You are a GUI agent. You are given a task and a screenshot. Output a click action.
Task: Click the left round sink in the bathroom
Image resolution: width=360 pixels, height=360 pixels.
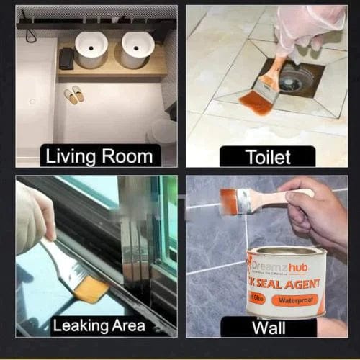tap(91, 50)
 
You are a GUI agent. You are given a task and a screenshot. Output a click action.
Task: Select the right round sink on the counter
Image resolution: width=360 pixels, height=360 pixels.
tap(137, 49)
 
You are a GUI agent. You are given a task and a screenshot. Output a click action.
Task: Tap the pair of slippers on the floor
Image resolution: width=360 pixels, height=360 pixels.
tap(74, 95)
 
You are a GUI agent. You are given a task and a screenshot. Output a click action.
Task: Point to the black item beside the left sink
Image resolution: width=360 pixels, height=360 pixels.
tap(66, 58)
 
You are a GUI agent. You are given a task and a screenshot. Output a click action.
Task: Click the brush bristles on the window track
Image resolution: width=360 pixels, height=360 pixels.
tap(92, 288)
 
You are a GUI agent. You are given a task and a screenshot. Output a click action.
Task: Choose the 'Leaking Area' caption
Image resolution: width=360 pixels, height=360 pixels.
tap(98, 326)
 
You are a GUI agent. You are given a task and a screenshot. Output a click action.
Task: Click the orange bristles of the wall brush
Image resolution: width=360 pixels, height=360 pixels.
tap(230, 201)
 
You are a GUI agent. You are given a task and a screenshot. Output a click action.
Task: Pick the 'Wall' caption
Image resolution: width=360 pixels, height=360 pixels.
tap(267, 328)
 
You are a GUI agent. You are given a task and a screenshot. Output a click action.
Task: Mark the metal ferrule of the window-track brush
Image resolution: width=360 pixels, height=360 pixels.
tap(68, 267)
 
